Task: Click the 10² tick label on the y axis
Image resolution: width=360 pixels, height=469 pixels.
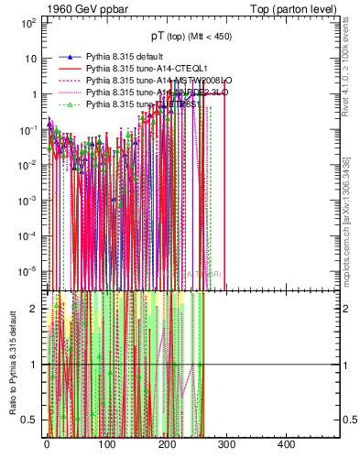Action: coord(28,22)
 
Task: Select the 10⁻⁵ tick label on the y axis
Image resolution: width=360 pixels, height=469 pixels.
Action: coord(28,270)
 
